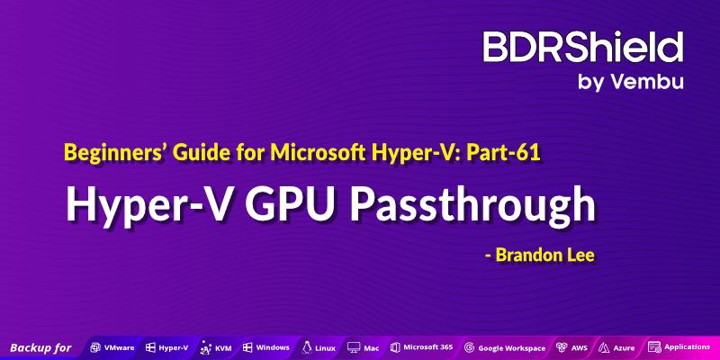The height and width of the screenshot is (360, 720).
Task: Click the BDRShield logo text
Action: [x=583, y=47]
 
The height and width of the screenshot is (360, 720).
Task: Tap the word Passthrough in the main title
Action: [x=478, y=205]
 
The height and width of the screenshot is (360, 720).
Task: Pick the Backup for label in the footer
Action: [x=40, y=346]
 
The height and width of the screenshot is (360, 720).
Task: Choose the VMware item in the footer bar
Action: [x=120, y=346]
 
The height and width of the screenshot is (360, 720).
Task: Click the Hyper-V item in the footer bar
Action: [x=173, y=346]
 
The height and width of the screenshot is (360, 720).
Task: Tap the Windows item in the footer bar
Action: [x=272, y=346]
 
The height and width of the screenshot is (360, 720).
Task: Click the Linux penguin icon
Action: [x=307, y=346]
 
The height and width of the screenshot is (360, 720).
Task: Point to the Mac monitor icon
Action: [x=353, y=346]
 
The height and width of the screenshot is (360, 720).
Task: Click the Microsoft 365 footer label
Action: [x=427, y=346]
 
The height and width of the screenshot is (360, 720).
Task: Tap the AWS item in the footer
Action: [x=579, y=346]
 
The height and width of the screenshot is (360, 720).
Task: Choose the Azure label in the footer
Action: [x=624, y=346]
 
